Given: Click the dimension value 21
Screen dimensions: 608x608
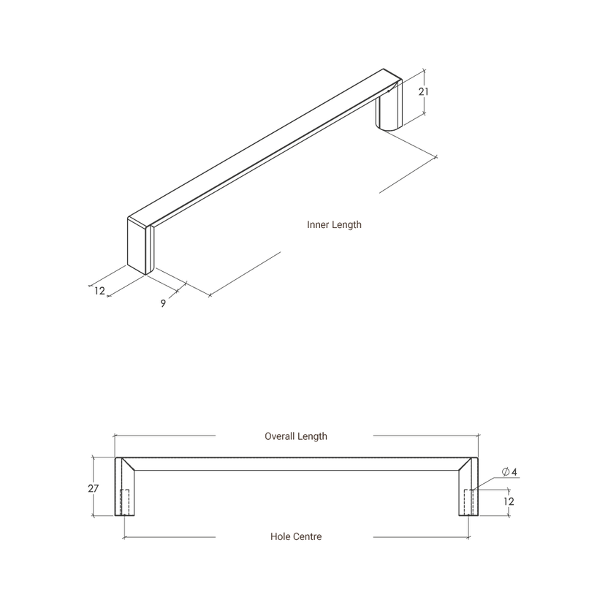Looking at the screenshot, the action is point(423,91).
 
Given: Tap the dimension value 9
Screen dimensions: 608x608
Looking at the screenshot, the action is point(163,303).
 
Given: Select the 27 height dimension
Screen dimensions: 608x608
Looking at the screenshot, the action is point(93,489).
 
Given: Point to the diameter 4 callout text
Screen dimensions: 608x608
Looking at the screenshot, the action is point(509,472).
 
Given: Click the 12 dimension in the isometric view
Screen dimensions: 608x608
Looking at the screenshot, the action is point(99,291).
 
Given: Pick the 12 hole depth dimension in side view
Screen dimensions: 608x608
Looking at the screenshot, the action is point(509,501).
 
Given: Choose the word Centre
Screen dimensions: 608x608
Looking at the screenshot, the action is point(307,536).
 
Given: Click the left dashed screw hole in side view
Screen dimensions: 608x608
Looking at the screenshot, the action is point(124,503).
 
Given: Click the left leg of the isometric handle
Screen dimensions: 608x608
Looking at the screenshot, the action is point(140,246).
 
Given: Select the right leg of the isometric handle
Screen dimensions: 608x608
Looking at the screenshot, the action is point(389,107).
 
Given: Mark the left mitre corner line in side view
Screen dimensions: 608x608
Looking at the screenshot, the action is point(128,464).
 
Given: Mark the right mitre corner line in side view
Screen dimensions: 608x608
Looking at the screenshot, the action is point(465,464).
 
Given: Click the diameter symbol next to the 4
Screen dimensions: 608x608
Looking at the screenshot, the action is point(506,472).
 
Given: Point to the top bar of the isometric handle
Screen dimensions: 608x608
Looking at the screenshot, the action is point(265,148).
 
